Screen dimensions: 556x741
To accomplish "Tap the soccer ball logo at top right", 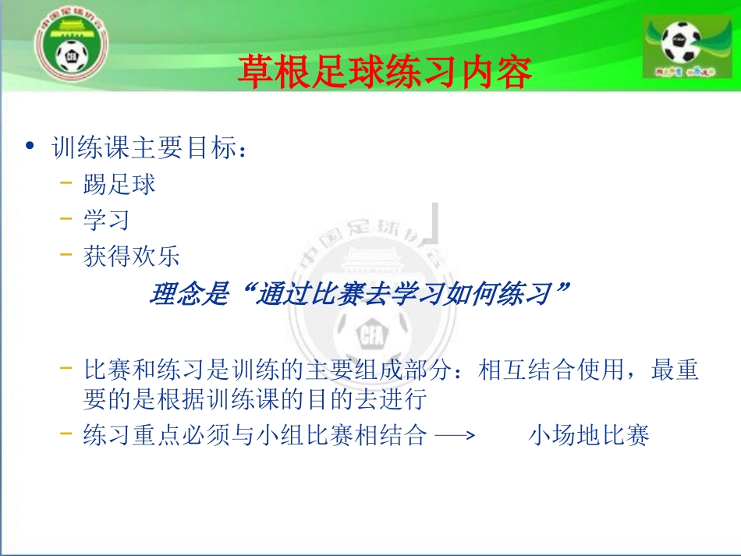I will pos(681,45).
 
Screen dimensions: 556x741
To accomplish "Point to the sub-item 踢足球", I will pos(119,184).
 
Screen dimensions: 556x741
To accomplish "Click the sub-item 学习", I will pos(107,220).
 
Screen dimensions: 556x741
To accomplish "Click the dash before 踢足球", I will pos(67,184).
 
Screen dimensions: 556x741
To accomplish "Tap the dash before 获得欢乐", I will pos(67,256).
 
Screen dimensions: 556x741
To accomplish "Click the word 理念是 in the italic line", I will pos(187,295).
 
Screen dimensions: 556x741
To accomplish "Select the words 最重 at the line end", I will pos(675,370).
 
